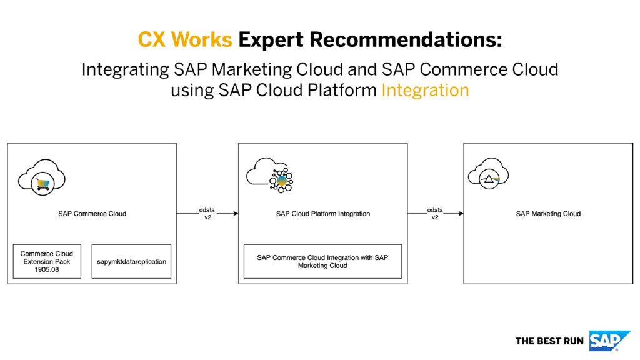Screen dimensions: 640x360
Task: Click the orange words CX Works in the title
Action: click(x=185, y=40)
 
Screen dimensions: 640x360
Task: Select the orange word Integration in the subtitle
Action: click(x=425, y=90)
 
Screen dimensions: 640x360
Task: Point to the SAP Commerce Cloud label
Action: click(x=92, y=214)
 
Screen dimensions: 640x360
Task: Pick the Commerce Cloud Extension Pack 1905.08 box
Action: click(x=46, y=261)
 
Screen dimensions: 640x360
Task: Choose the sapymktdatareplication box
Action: click(x=131, y=261)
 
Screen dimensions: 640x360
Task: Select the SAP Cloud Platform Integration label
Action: click(x=322, y=214)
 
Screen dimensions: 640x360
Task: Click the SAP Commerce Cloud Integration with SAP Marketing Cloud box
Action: click(x=322, y=261)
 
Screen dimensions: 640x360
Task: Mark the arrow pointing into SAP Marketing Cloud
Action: click(x=436, y=214)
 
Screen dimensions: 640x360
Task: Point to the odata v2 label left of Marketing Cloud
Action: click(x=436, y=213)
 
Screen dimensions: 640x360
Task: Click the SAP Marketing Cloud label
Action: click(x=548, y=214)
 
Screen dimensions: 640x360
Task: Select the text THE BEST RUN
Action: click(x=549, y=341)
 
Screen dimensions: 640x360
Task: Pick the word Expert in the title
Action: click(x=271, y=40)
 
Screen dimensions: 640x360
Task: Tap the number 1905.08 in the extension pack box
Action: click(x=47, y=270)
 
